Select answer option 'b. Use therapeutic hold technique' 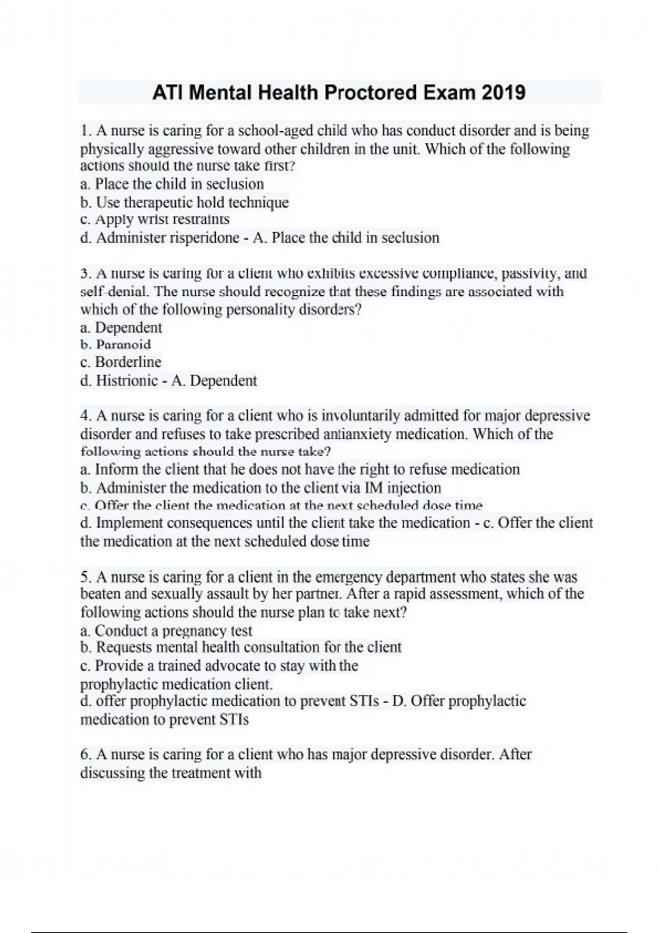pos(184,203)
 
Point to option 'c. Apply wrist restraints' pos(154,220)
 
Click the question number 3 pos(85,273)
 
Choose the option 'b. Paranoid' pos(115,345)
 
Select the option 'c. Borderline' pos(120,362)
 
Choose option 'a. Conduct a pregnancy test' pos(166,631)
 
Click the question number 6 pos(85,755)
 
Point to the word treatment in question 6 pos(200,773)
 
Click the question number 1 pos(84,131)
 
